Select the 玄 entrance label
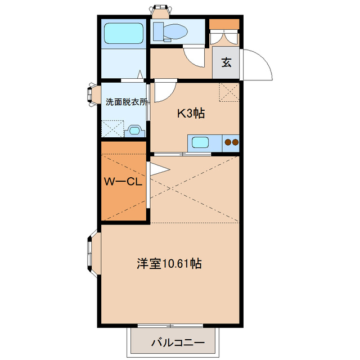226,62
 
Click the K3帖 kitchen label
191,114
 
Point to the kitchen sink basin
200,142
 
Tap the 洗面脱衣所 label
127,102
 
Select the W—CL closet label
124,181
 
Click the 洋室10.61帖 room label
169,263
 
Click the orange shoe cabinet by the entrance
224,24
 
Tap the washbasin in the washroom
135,131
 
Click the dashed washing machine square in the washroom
111,129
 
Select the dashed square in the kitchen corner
229,92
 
